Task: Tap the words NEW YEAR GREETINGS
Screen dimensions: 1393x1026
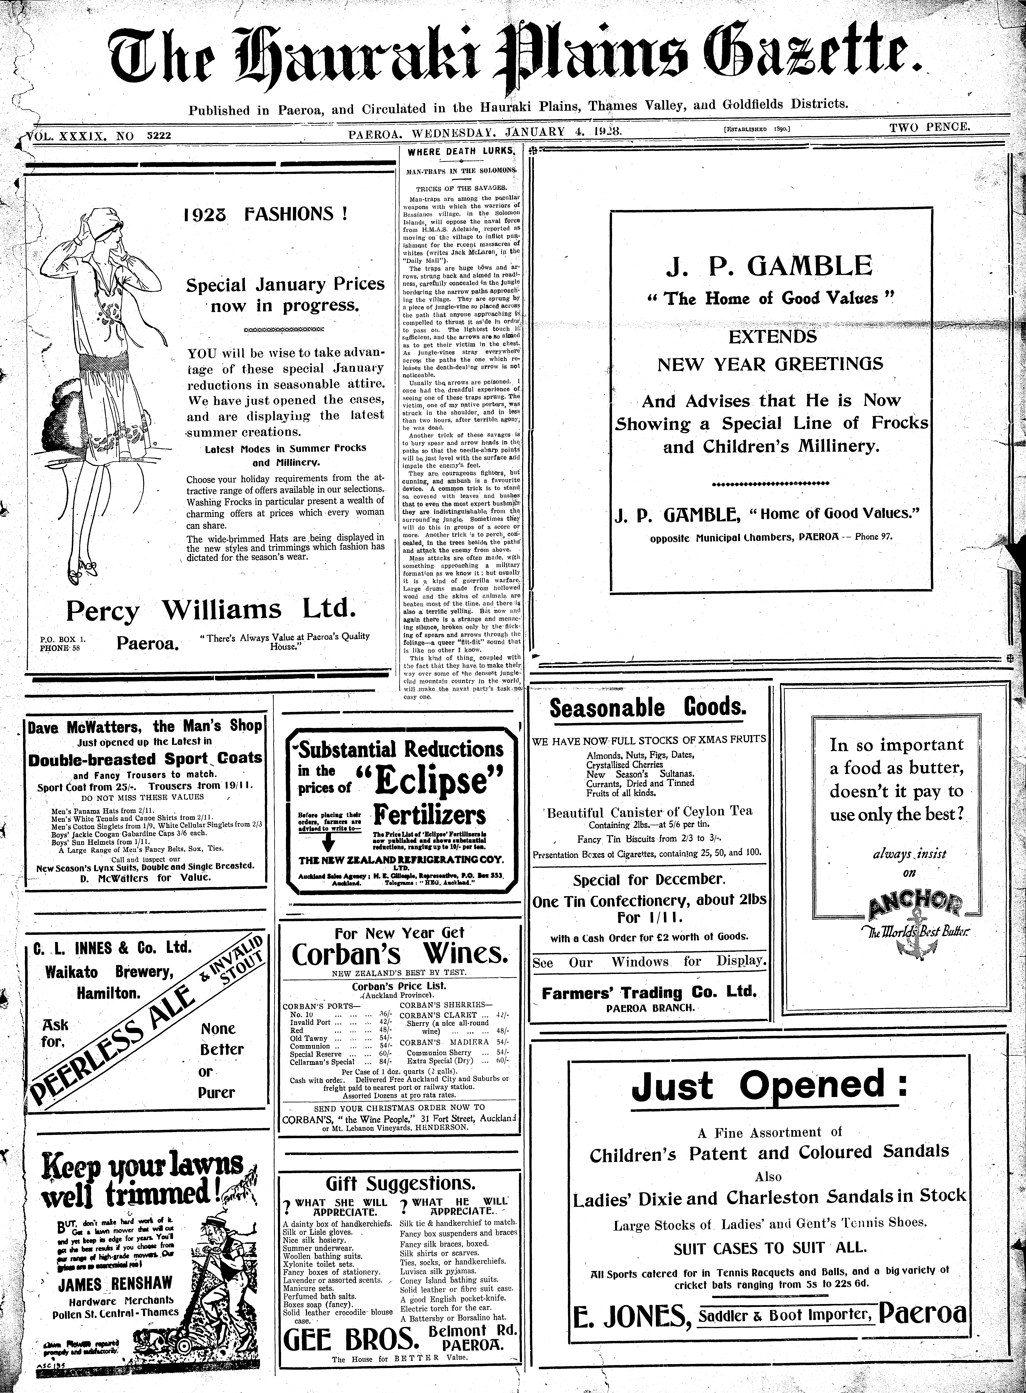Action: tap(770, 364)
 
